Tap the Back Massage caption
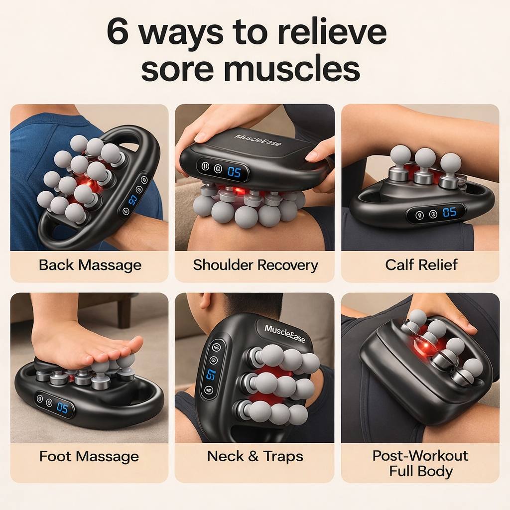tap(90, 265)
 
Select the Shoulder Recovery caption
tap(255, 265)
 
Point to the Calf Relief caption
tap(421, 265)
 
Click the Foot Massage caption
tap(89, 456)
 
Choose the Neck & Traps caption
tap(255, 456)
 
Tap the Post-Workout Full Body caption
tap(420, 463)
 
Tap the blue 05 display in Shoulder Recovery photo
tap(234, 172)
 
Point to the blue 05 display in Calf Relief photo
tap(449, 213)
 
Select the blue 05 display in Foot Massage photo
tap(62, 407)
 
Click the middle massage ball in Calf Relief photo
tap(425, 158)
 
